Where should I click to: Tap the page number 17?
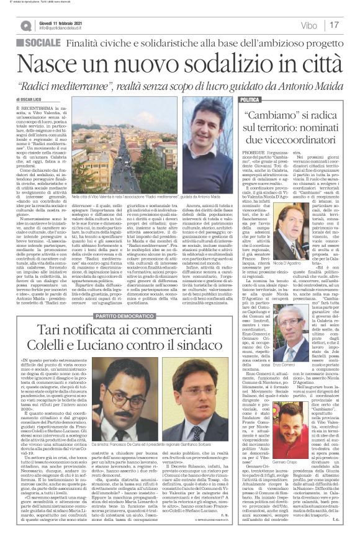coord(334,25)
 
